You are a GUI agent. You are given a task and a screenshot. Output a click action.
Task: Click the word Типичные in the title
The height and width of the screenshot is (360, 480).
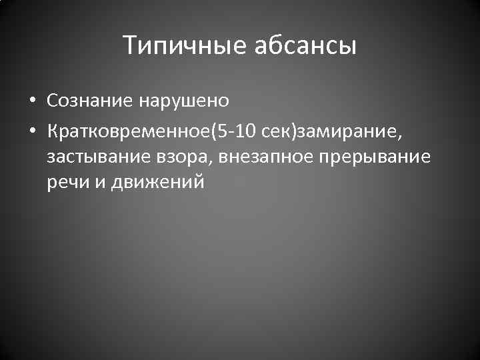click(185, 47)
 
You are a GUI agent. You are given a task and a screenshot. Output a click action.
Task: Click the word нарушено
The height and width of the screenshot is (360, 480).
click(185, 101)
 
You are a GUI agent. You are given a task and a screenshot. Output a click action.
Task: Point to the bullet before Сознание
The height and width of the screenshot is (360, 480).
click(32, 101)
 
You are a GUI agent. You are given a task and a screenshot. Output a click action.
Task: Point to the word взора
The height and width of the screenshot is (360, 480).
click(177, 157)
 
